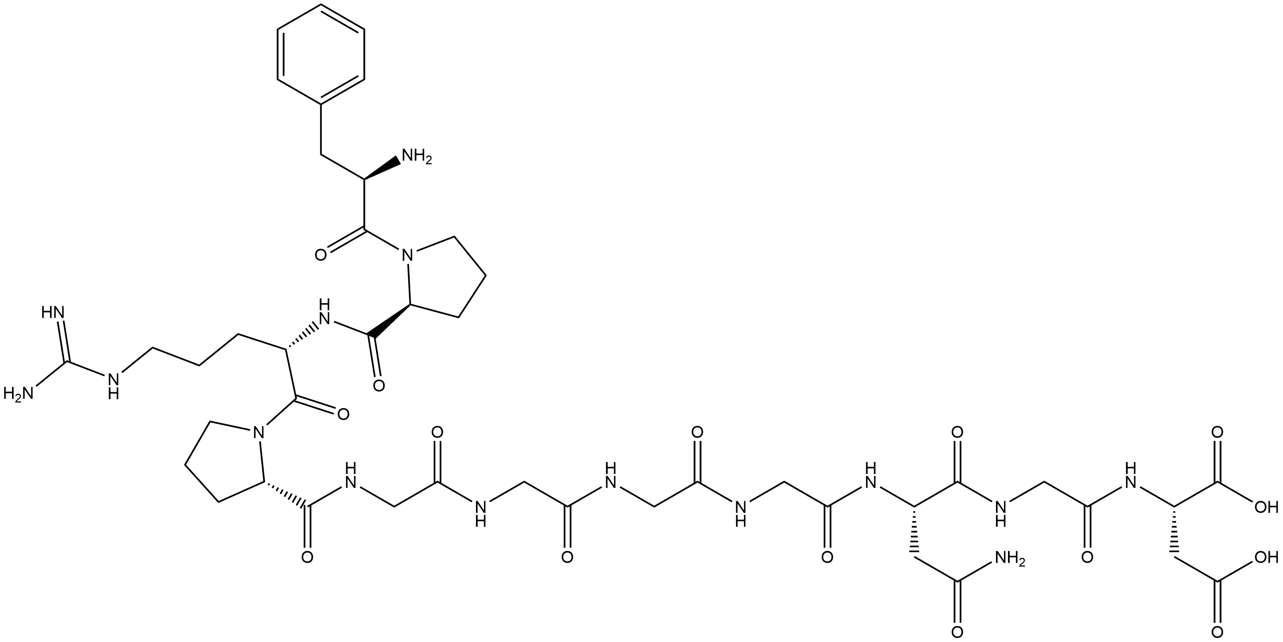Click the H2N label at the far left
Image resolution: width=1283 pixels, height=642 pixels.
pyautogui.click(x=17, y=395)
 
